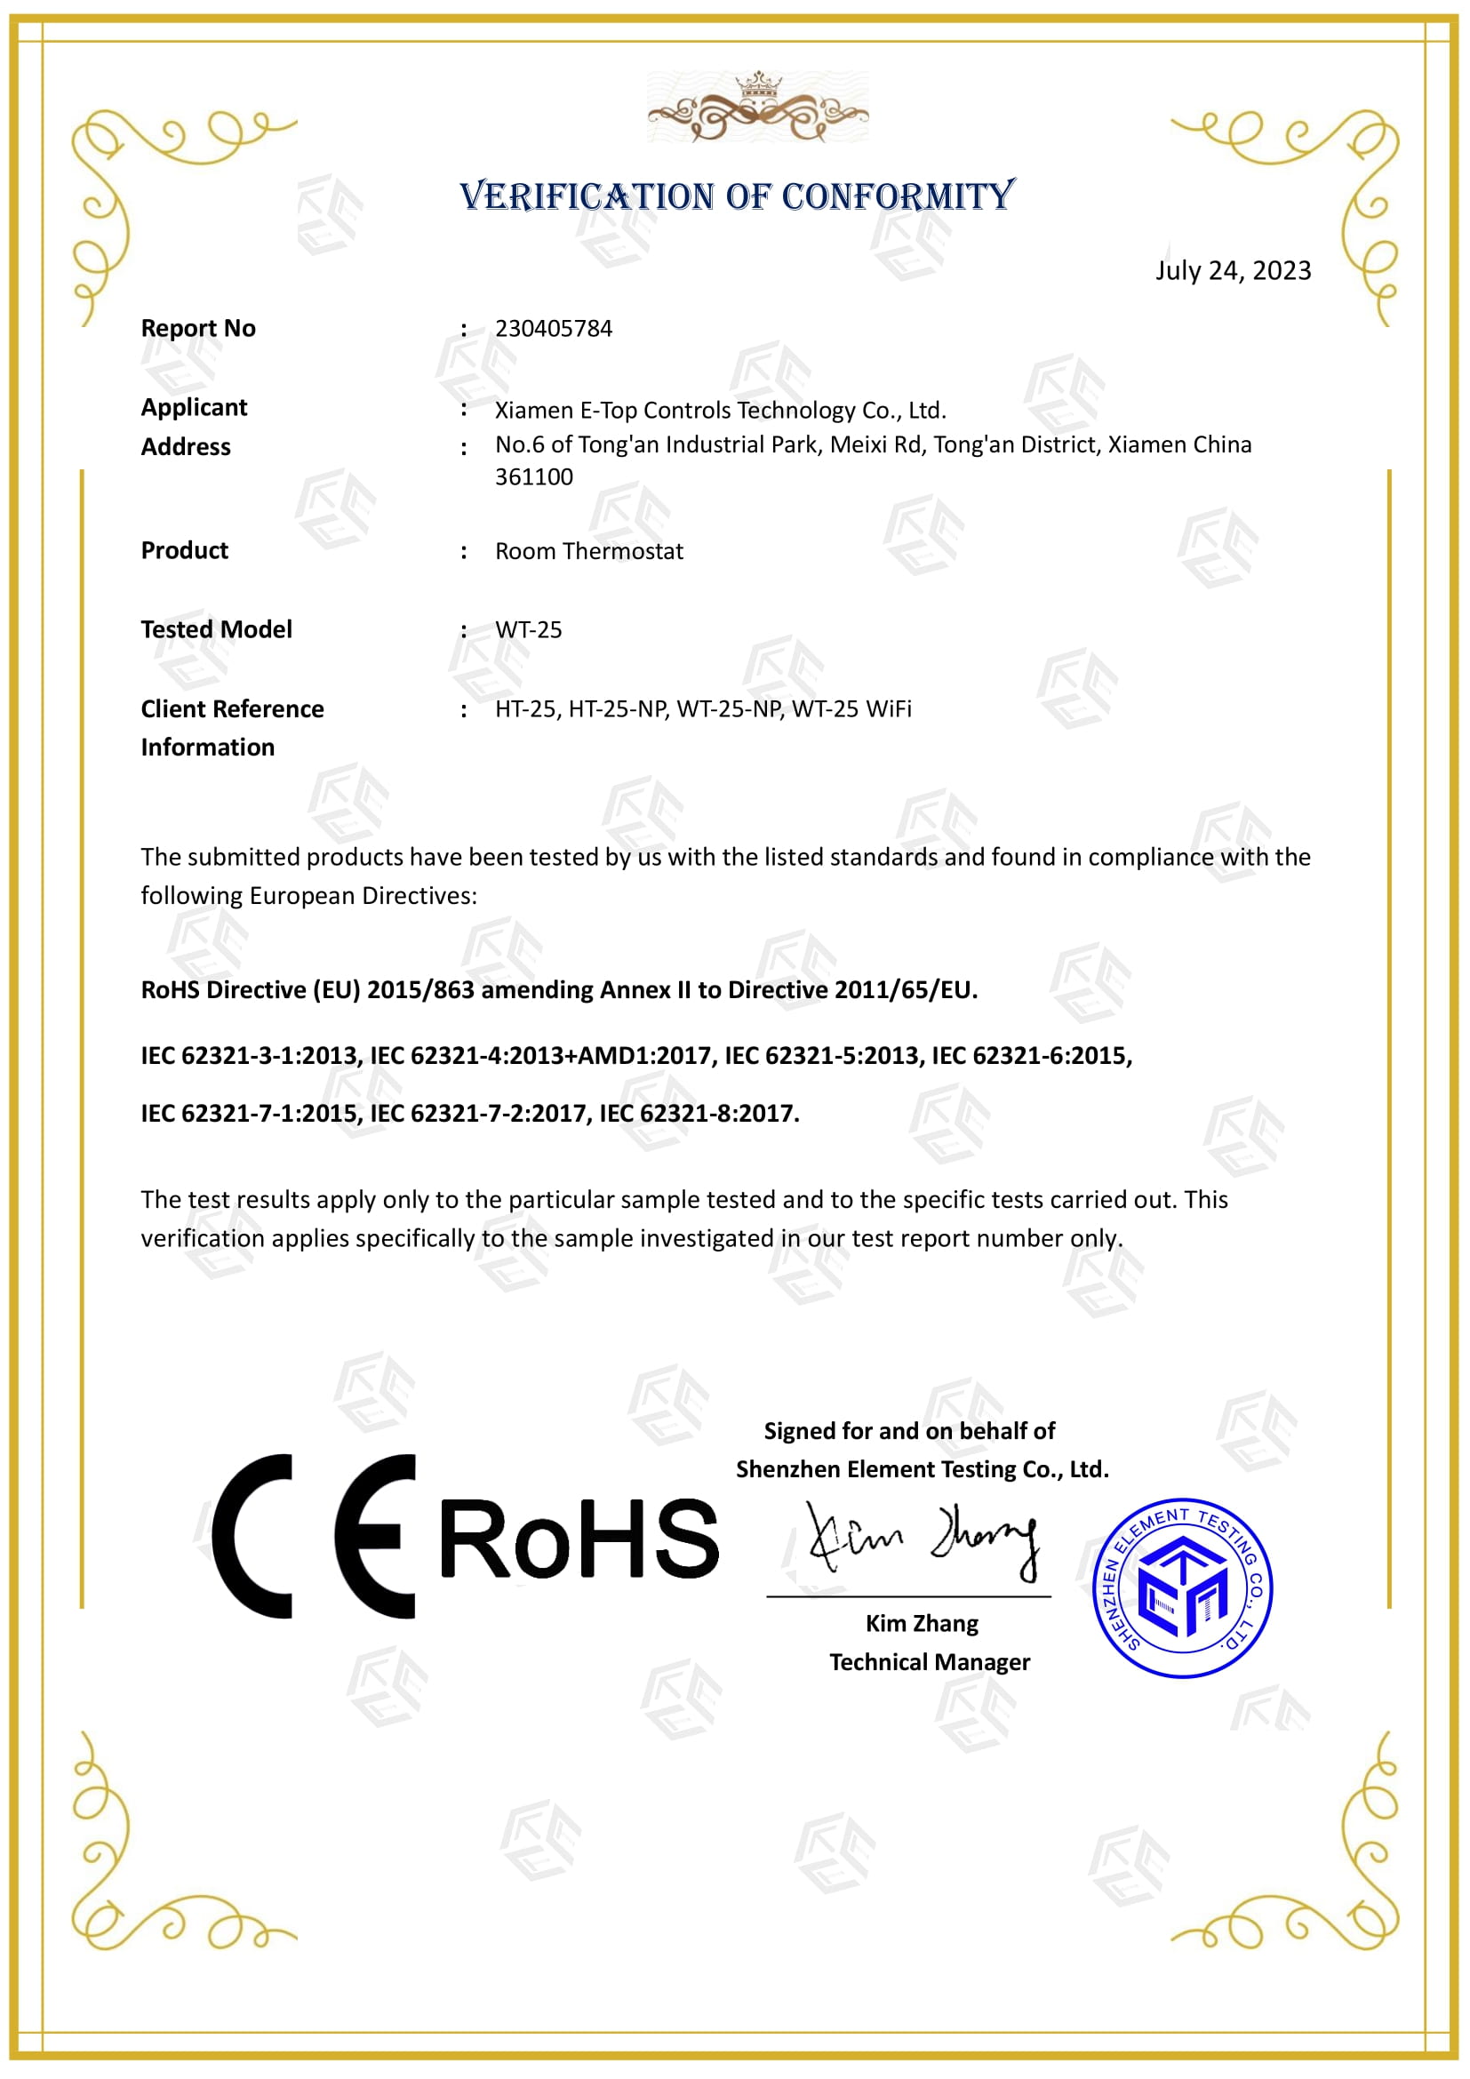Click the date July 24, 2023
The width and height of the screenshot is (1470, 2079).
[1232, 271]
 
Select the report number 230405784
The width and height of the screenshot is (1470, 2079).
[553, 328]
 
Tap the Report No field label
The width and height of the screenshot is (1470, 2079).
[198, 328]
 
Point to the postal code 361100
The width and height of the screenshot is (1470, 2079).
[533, 477]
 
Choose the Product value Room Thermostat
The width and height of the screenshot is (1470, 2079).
[588, 550]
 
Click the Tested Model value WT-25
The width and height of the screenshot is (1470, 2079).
[528, 629]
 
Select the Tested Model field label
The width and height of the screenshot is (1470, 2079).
[216, 629]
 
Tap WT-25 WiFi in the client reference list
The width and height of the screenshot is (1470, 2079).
[851, 708]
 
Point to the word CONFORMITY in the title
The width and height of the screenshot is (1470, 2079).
[898, 196]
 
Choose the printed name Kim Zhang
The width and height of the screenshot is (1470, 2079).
[922, 1623]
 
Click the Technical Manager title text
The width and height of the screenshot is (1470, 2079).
[930, 1661]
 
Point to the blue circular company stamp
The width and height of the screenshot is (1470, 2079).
[1182, 1587]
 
